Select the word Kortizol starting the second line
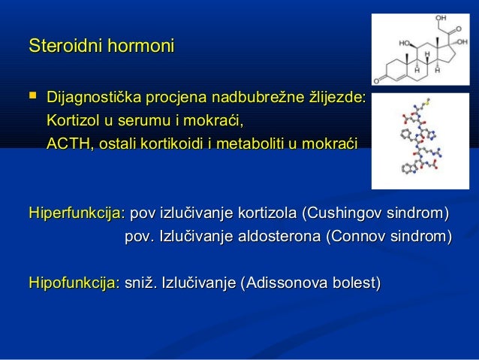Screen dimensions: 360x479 pyautogui.click(x=72, y=120)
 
